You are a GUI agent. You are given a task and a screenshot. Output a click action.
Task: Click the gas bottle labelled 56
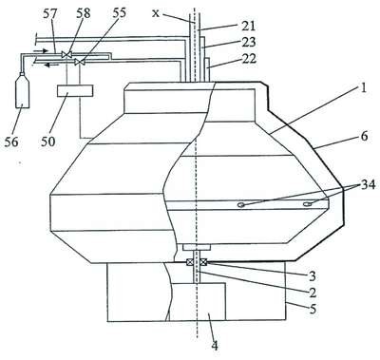click(22, 91)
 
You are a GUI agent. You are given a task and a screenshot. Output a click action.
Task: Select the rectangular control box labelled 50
click(75, 90)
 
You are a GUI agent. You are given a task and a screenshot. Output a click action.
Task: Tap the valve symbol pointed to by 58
click(66, 54)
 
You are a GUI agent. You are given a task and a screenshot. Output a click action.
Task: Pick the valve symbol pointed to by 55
click(80, 62)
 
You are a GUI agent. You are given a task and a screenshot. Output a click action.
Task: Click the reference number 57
click(49, 13)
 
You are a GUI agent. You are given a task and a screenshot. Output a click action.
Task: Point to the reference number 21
click(248, 26)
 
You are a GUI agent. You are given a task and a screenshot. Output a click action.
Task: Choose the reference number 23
click(249, 43)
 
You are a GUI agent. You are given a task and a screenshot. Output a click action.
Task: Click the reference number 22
click(249, 59)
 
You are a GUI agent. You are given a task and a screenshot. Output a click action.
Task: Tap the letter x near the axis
click(155, 13)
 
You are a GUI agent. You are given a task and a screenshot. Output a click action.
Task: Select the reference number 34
click(368, 184)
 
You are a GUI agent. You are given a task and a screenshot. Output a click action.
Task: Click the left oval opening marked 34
click(241, 205)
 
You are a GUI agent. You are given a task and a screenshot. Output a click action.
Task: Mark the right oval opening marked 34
click(307, 204)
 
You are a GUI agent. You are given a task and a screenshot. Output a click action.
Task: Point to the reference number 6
click(364, 137)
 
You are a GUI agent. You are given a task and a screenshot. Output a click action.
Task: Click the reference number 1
click(363, 88)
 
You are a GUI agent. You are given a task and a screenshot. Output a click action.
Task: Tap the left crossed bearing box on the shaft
click(190, 262)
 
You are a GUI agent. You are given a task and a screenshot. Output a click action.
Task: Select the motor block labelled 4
click(198, 301)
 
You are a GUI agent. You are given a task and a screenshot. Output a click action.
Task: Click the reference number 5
click(313, 309)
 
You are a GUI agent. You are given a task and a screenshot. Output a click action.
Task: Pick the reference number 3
click(313, 276)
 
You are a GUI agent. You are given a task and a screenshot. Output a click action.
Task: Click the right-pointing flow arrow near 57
click(41, 50)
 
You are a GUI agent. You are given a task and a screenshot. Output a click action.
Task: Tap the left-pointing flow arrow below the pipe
click(48, 66)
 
